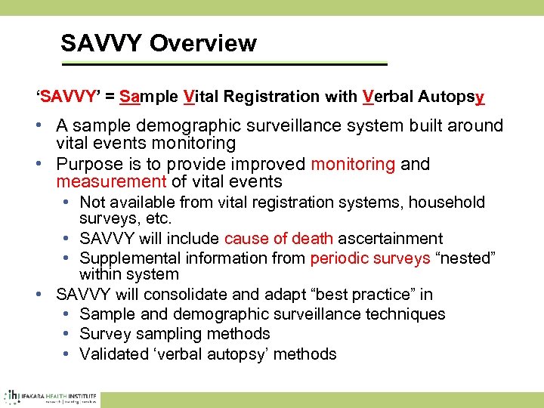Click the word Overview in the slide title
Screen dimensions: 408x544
click(x=202, y=43)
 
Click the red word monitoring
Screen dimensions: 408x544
click(x=353, y=164)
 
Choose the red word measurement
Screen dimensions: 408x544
click(x=110, y=181)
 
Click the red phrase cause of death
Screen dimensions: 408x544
click(x=278, y=239)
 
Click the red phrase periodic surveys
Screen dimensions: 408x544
click(x=367, y=258)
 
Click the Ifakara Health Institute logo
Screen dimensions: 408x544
click(x=51, y=397)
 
